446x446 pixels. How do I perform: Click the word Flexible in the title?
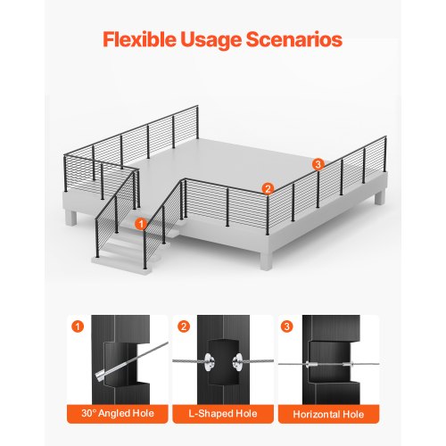139,39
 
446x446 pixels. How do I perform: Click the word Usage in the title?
211,40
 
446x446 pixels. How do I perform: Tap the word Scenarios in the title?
294,39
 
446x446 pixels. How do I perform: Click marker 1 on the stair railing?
141,224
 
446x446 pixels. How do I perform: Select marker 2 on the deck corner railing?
268,188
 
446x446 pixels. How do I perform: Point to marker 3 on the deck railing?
318,164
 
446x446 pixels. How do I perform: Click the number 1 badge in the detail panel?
78,326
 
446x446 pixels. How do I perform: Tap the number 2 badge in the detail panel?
184,326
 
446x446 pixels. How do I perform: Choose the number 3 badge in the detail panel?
286,326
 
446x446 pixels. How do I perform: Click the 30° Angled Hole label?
118,413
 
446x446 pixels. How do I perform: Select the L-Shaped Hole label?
223,414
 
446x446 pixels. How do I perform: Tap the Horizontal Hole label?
328,414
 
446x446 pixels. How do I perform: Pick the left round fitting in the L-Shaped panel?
210,361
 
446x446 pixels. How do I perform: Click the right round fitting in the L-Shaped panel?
238,361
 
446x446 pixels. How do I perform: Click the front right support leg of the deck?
266,260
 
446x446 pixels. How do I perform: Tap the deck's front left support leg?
70,218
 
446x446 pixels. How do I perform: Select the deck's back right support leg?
379,197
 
